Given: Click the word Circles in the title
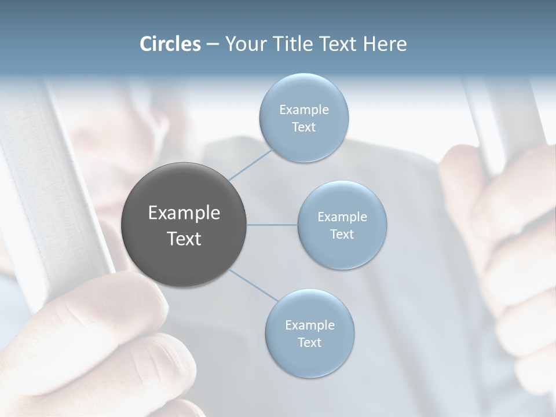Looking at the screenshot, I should coord(170,44).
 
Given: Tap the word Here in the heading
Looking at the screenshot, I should coord(385,44).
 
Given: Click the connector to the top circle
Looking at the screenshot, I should coord(250,164).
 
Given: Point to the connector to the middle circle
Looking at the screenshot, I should coord(272,225).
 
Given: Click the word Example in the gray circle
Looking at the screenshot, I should coord(184,213).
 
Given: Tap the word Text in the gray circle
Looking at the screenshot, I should coord(184,239).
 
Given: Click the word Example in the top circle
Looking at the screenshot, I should coord(303,110).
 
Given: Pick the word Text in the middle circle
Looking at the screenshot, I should coord(342,235).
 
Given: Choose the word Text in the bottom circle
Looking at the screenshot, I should coord(310,343).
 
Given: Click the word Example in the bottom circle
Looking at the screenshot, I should coord(310,325).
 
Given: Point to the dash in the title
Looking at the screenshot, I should coord(213,44).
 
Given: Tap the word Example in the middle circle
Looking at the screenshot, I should coord(342,217).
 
